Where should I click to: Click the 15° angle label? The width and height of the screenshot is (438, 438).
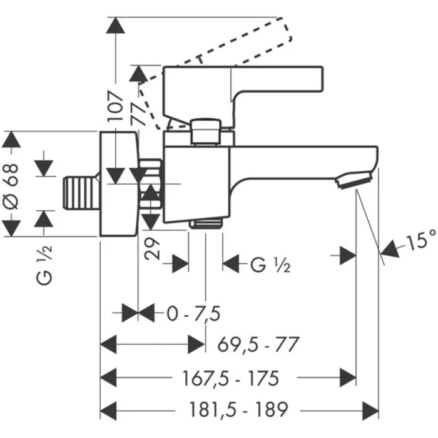[420, 240]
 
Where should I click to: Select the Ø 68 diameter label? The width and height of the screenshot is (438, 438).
[18, 185]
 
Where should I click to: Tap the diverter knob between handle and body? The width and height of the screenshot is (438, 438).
[206, 131]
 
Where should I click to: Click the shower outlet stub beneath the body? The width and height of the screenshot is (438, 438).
[206, 223]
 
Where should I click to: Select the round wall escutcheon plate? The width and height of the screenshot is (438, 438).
[118, 183]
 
